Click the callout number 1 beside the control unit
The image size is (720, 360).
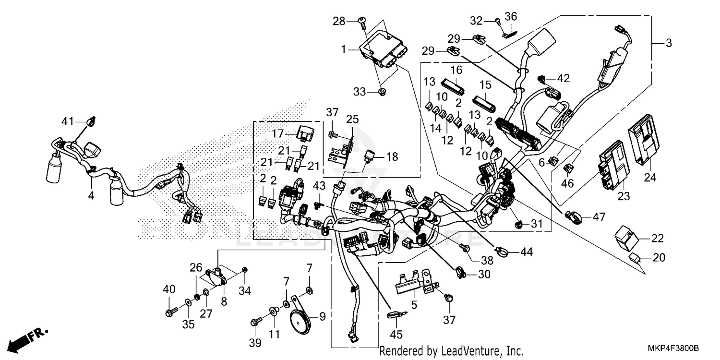(343, 49)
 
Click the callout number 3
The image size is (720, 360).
(669, 43)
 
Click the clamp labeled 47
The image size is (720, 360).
(573, 216)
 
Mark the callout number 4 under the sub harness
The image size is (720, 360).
(91, 195)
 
